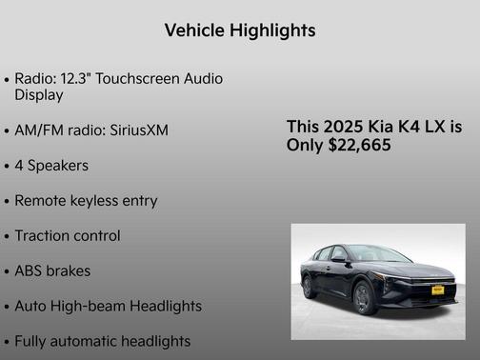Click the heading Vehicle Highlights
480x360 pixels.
click(239, 30)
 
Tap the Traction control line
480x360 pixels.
click(68, 235)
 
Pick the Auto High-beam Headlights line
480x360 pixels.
click(108, 306)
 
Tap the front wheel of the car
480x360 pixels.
click(364, 296)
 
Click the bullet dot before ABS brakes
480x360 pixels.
click(7, 272)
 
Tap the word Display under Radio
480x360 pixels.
click(39, 95)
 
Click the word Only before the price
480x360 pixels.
click(304, 146)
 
